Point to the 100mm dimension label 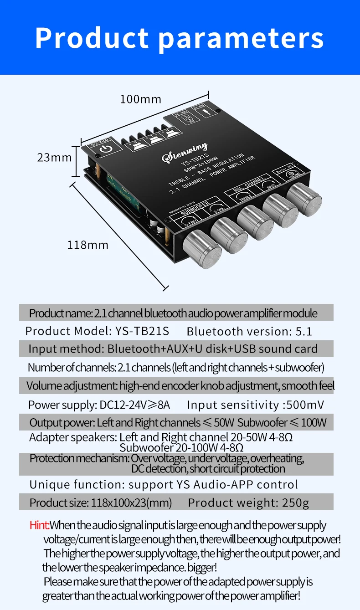tap(141, 98)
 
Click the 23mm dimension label tap(54, 157)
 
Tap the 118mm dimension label tap(87, 245)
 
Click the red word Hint tap(39, 525)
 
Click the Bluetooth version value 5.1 tap(304, 331)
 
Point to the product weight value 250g tap(291, 502)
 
